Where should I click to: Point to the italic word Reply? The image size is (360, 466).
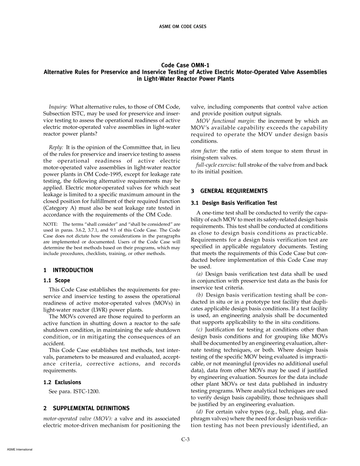pos(56,147)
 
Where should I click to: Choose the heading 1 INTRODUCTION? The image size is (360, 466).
pos(68,270)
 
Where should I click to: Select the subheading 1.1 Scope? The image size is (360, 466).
pos(57,280)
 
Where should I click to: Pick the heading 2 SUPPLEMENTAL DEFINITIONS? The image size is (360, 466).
pos(86,408)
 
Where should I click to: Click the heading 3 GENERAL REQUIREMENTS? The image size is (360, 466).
pos(229,191)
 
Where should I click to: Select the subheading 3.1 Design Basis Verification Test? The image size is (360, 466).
pos(234,203)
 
